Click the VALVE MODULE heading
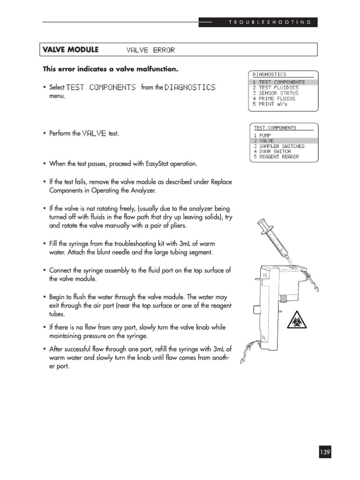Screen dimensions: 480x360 tap(71, 50)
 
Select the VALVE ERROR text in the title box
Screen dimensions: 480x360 tap(150, 50)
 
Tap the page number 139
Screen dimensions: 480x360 tap(325, 452)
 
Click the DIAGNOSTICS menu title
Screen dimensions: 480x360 tap(270, 74)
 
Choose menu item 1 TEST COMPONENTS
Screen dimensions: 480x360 tap(278, 82)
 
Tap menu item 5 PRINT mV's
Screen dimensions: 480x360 tap(270, 104)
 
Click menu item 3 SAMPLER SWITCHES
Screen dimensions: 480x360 tap(279, 146)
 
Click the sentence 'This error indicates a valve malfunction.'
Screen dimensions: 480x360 tap(111, 69)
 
